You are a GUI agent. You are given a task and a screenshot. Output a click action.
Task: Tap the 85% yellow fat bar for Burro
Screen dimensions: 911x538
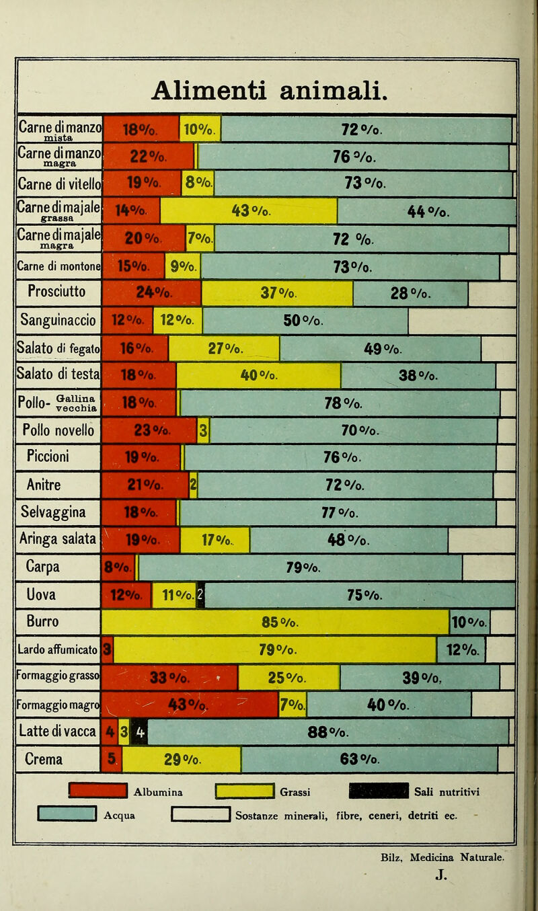pos(275,623)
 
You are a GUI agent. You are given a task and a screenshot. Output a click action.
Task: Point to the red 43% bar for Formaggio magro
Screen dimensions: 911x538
pos(190,705)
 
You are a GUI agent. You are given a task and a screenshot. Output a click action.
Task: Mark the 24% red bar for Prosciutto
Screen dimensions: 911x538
pos(151,294)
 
